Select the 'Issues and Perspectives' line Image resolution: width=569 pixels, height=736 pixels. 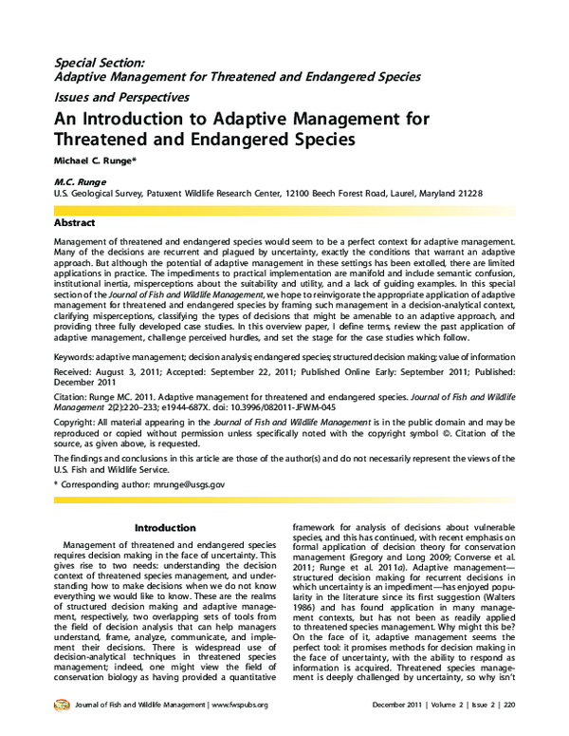[x=121, y=97]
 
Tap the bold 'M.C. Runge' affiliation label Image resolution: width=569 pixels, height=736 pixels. [x=82, y=181]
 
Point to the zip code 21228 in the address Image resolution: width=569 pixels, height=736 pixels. [x=468, y=194]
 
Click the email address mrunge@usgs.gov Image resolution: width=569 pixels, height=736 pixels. [x=180, y=484]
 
